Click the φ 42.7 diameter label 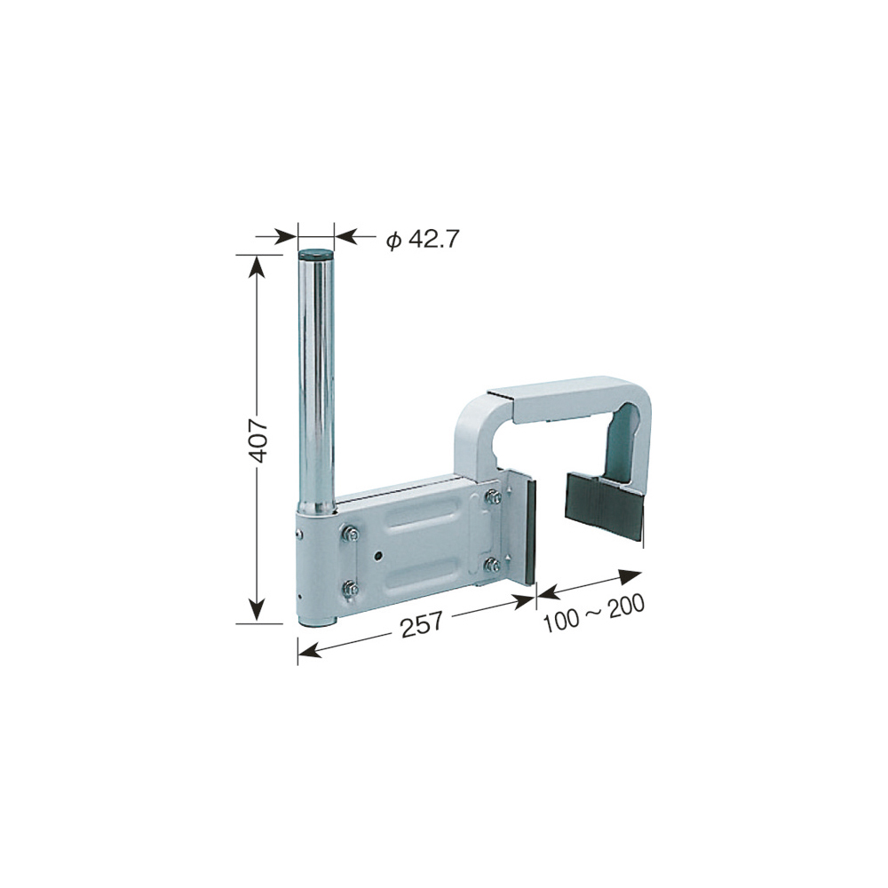pyautogui.click(x=422, y=239)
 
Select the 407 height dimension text pyautogui.click(x=258, y=440)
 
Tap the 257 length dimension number pyautogui.click(x=422, y=624)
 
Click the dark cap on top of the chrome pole pyautogui.click(x=316, y=253)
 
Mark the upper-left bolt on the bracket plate pyautogui.click(x=351, y=534)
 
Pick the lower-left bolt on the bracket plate pyautogui.click(x=351, y=589)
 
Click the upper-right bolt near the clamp pyautogui.click(x=493, y=497)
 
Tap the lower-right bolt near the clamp pyautogui.click(x=493, y=565)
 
